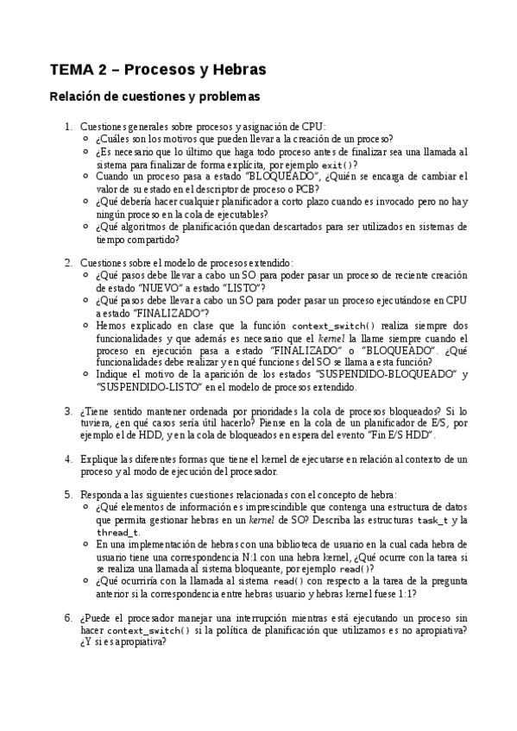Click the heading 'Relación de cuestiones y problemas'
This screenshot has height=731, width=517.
point(154,97)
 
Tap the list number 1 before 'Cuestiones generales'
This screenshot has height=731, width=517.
point(68,126)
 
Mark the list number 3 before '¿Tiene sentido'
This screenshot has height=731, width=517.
point(68,411)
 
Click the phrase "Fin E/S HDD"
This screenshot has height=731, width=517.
point(400,436)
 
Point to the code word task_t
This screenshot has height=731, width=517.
point(433,521)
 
